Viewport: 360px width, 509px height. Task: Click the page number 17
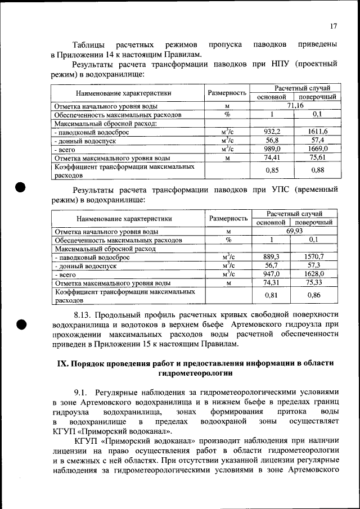[334, 26]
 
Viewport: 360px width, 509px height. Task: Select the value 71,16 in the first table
[295, 105]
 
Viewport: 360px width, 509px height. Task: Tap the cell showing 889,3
[271, 256]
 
